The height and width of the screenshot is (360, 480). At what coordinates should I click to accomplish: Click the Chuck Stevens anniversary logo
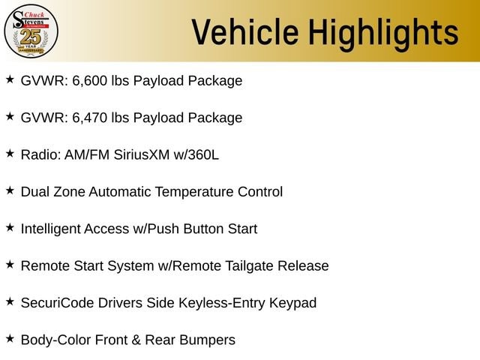coord(31,31)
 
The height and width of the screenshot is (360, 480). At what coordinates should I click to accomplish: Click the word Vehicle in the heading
coord(245,31)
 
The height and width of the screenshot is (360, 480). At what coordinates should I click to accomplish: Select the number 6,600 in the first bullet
coord(90,81)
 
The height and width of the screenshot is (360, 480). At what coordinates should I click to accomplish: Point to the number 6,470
coord(90,118)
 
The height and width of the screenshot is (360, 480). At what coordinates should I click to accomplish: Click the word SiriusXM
coord(142,155)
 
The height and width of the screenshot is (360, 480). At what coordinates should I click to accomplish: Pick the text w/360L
coord(196,155)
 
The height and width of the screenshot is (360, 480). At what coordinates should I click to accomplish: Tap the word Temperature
coord(194,193)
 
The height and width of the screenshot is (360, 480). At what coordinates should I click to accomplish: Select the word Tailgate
coord(250,266)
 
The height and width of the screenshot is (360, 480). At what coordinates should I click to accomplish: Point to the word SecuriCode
coord(57,303)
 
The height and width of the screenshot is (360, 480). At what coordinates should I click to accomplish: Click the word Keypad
coord(293,304)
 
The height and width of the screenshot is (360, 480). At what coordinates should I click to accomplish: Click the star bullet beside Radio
coord(10,153)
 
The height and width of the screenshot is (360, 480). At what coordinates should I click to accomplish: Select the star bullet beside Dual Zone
coord(10,190)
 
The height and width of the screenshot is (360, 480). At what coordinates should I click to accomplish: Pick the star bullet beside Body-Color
coord(10,338)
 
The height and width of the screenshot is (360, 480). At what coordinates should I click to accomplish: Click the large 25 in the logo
coord(31,37)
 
